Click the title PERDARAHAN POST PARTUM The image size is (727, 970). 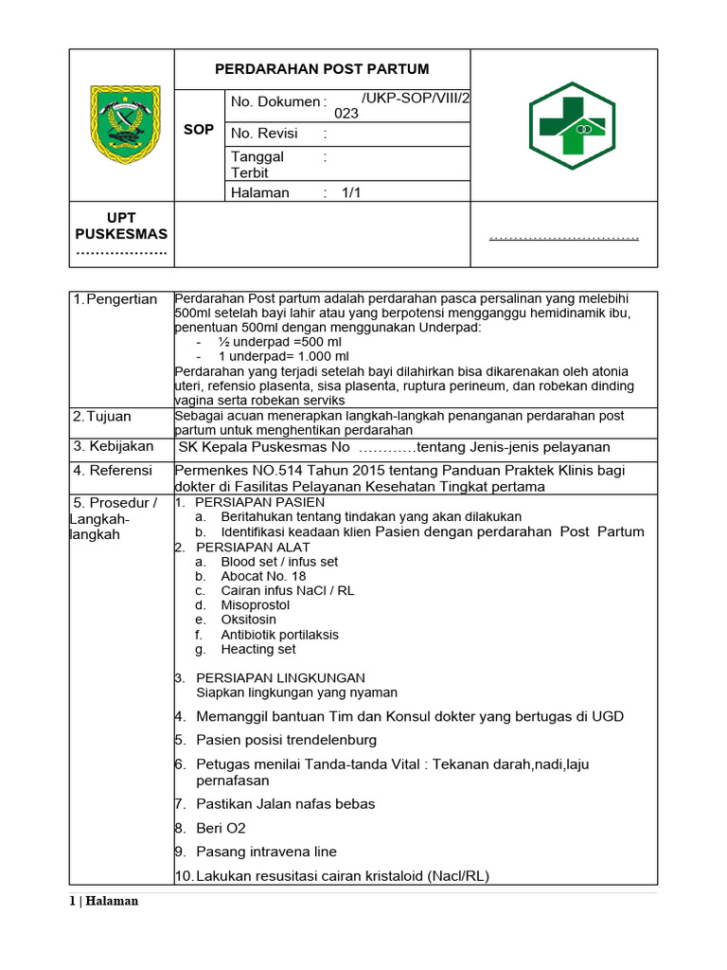click(x=322, y=69)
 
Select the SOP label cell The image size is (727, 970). click(x=199, y=129)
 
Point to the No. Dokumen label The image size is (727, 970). click(x=275, y=101)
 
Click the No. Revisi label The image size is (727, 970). click(x=264, y=134)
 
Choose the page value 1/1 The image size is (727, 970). click(x=352, y=192)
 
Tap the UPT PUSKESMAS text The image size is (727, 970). click(x=121, y=226)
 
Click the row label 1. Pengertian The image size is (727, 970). click(x=115, y=299)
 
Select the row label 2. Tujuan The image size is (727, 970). click(x=102, y=416)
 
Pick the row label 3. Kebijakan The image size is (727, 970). click(x=113, y=446)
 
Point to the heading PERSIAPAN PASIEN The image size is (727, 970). click(x=260, y=502)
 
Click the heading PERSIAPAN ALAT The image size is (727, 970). click(x=254, y=548)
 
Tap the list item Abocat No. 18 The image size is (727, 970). click(x=263, y=576)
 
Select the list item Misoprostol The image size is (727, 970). click(x=257, y=604)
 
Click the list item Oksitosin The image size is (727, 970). click(x=249, y=620)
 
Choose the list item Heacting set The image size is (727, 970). click(x=258, y=649)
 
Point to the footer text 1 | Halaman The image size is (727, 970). click(x=105, y=901)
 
